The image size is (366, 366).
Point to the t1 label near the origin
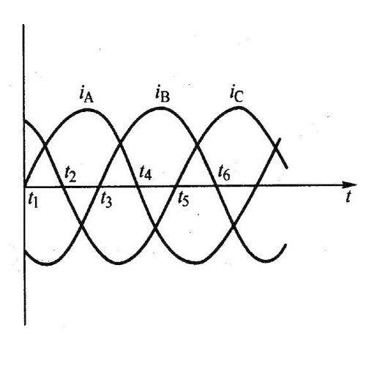tap(33, 201)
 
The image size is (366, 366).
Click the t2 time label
tap(70, 175)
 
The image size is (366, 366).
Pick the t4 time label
tap(146, 173)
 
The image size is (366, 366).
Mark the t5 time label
tap(183, 199)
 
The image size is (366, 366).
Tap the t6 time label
tap(224, 173)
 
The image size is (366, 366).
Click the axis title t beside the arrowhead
tap(349, 197)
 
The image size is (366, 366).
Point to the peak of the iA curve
tap(86, 110)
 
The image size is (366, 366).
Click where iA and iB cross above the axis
tap(120, 145)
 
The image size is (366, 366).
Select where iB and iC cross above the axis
tap(197, 146)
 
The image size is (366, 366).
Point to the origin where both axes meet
tap(24, 187)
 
